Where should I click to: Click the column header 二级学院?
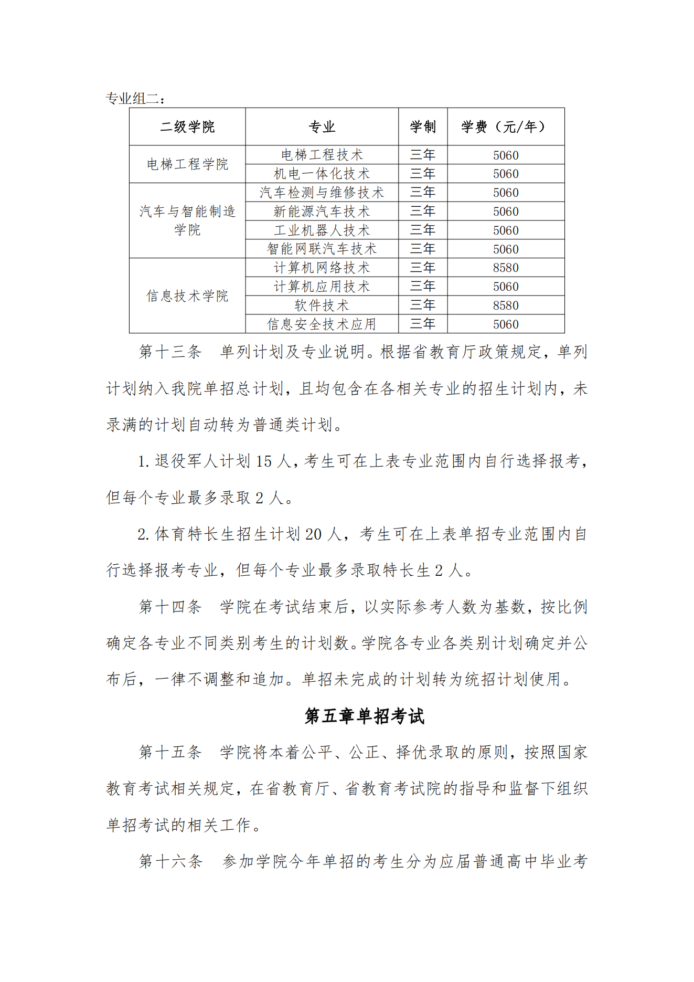(x=187, y=126)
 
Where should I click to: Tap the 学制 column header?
(x=422, y=126)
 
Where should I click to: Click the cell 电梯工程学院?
(x=187, y=164)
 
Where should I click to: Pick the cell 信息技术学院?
(x=187, y=295)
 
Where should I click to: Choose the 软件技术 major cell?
(x=322, y=305)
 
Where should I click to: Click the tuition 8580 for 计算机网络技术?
(x=505, y=268)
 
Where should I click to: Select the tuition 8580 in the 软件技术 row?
(x=505, y=305)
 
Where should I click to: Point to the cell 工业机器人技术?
(x=322, y=230)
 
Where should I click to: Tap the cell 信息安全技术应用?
(x=322, y=324)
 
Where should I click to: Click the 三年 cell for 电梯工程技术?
(x=422, y=155)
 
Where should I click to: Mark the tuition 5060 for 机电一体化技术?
(x=505, y=174)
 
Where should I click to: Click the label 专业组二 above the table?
(x=135, y=98)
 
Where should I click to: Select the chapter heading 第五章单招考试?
(x=364, y=716)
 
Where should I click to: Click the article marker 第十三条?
(x=170, y=352)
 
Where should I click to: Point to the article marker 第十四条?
(x=170, y=607)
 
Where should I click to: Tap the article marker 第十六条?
(x=170, y=861)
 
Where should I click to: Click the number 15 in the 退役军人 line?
(x=263, y=461)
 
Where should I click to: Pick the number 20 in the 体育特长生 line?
(x=313, y=534)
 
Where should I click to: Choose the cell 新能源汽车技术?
(x=322, y=212)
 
